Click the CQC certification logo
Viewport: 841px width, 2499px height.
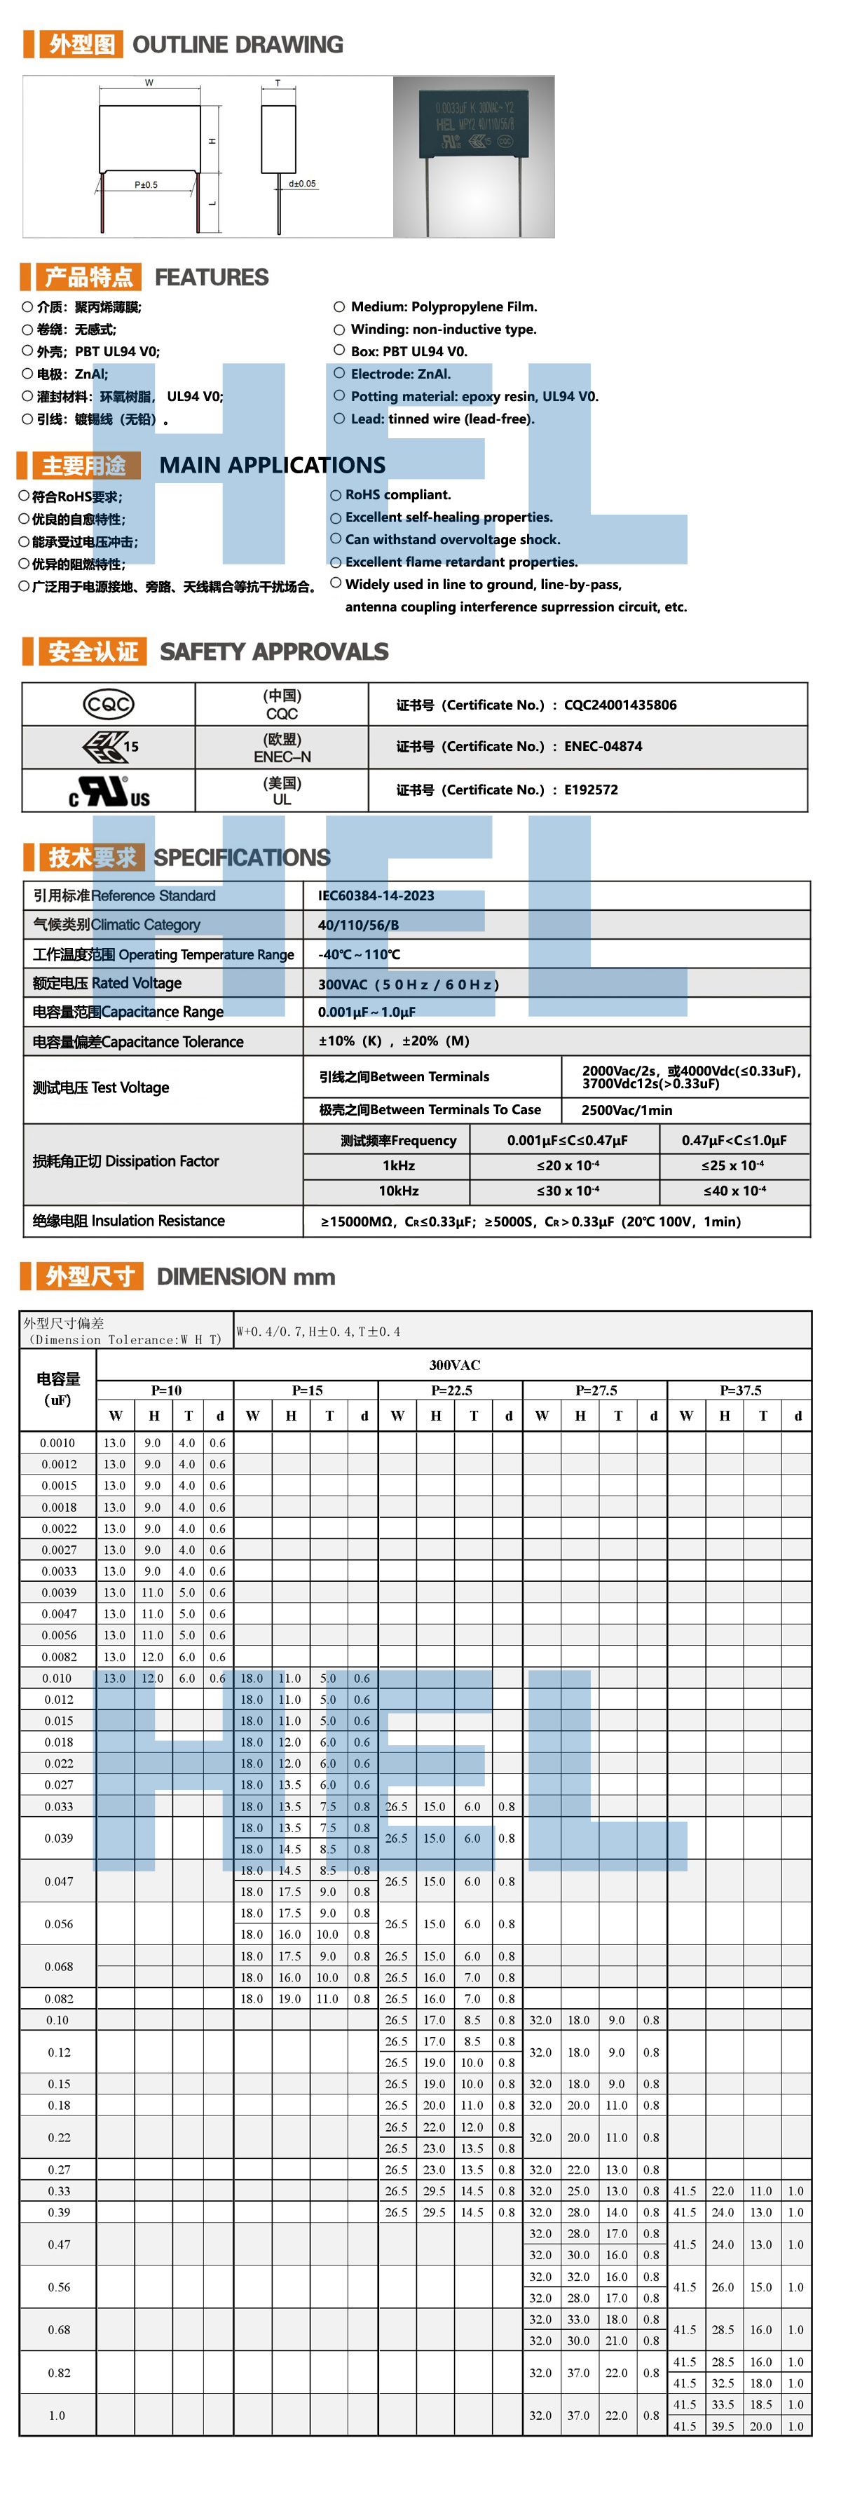point(108,704)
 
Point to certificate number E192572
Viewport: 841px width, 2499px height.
point(591,790)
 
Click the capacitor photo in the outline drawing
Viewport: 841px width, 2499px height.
point(473,156)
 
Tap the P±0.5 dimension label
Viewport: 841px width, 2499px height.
point(146,184)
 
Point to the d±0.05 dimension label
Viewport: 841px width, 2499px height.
point(301,183)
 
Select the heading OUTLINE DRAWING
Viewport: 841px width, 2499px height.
point(238,45)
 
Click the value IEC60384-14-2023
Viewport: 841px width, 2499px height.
point(376,895)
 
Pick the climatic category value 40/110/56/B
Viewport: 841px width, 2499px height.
point(358,925)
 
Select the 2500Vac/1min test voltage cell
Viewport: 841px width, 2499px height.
point(627,1110)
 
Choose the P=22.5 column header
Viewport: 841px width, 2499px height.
point(451,1390)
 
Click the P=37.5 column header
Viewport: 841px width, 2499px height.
point(740,1390)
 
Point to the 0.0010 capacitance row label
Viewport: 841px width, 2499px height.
point(57,1442)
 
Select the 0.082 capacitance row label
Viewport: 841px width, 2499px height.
point(58,1998)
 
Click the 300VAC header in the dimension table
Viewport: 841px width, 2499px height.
point(454,1365)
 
